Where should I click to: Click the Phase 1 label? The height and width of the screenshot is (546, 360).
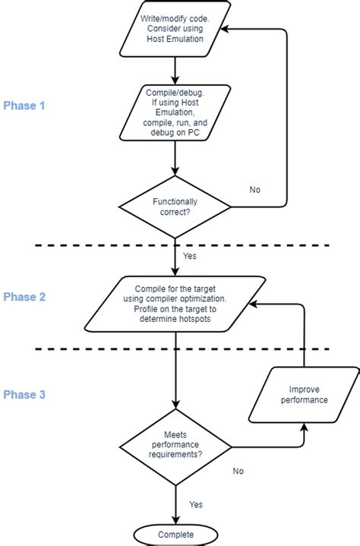24,106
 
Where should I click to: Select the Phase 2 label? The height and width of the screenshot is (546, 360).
24,297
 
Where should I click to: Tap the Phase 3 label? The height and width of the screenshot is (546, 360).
24,394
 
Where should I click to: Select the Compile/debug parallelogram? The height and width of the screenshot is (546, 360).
175,113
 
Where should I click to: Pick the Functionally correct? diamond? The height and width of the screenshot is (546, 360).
175,206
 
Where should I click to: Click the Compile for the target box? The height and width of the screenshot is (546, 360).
175,303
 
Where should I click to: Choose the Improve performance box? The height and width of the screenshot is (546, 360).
304,394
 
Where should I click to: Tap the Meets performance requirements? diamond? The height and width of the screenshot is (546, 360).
175,443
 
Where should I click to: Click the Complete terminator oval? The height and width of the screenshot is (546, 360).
175,535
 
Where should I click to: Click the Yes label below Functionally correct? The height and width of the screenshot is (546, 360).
190,256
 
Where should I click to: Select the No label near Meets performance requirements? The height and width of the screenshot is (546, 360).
238,471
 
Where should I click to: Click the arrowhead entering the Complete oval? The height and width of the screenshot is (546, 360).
175,521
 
